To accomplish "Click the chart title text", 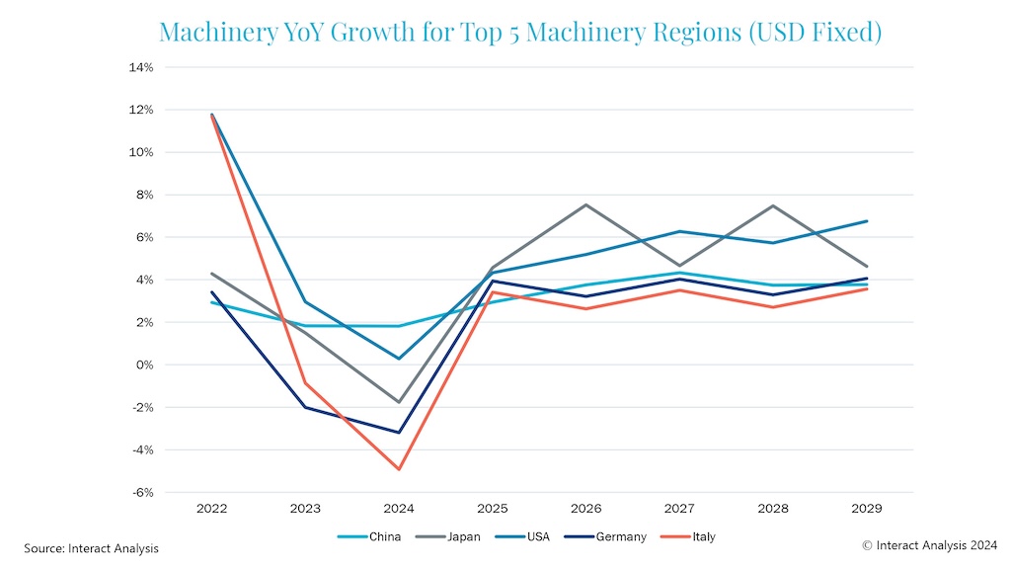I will [520, 32].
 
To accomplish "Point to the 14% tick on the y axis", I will [140, 67].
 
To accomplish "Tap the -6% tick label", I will [141, 492].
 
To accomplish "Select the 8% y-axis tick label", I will [143, 195].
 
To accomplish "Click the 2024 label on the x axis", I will [399, 510].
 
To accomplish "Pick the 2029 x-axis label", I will [866, 510].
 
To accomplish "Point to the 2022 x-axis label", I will [211, 510].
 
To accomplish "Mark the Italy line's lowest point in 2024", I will [399, 469].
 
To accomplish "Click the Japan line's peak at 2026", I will [586, 204].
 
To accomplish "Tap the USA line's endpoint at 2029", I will [867, 221].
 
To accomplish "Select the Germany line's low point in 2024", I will [399, 433].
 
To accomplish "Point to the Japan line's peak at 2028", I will [773, 205].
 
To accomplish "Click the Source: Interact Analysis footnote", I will [91, 548].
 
